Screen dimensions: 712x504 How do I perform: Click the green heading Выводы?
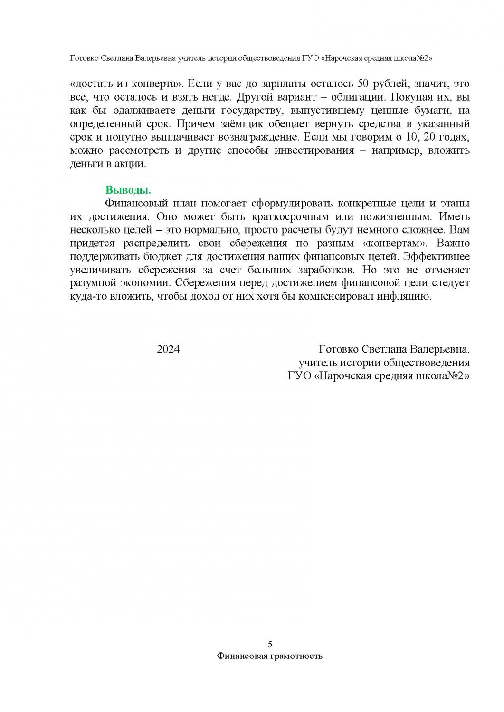tap(128, 190)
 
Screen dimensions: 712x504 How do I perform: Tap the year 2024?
tap(168, 349)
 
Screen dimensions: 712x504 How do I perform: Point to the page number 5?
tap(270, 644)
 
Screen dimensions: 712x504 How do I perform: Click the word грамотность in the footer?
tap(297, 656)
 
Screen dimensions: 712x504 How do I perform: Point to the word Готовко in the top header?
tap(85, 58)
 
